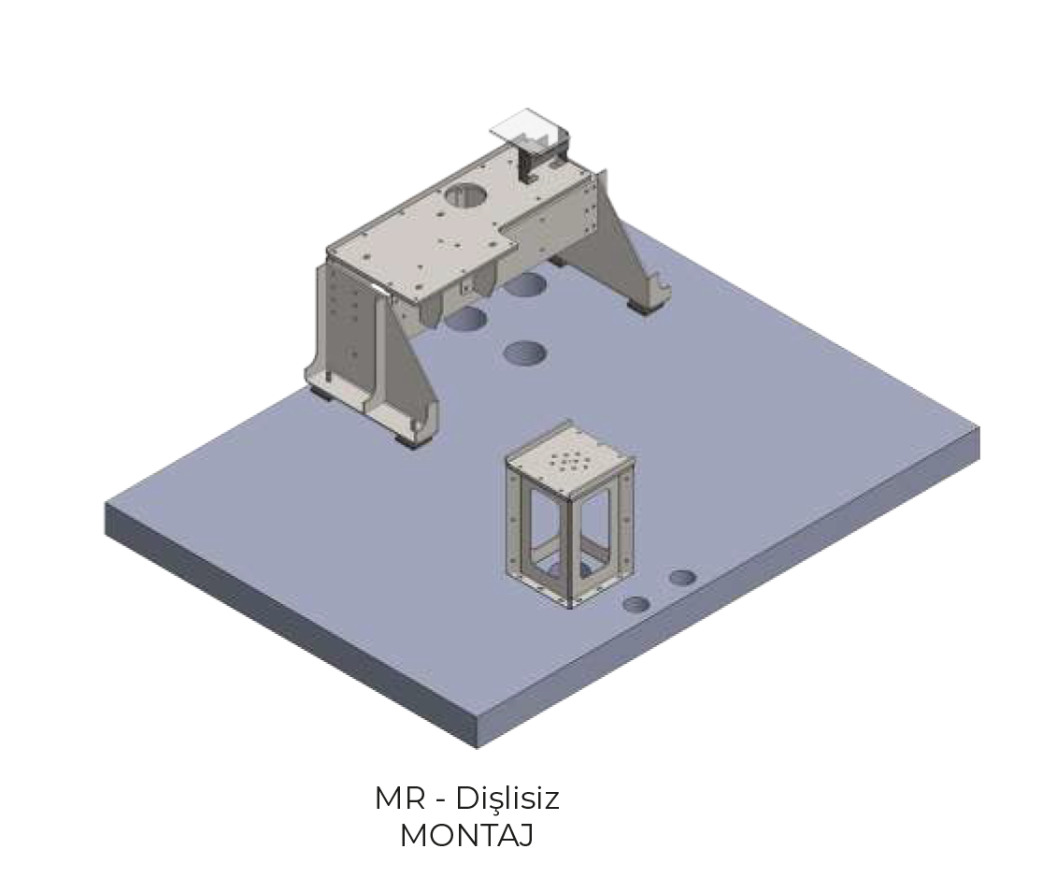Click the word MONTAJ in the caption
[466, 835]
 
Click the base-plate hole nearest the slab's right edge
[682, 577]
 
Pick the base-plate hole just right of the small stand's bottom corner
[636, 604]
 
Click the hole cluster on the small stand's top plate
[568, 461]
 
